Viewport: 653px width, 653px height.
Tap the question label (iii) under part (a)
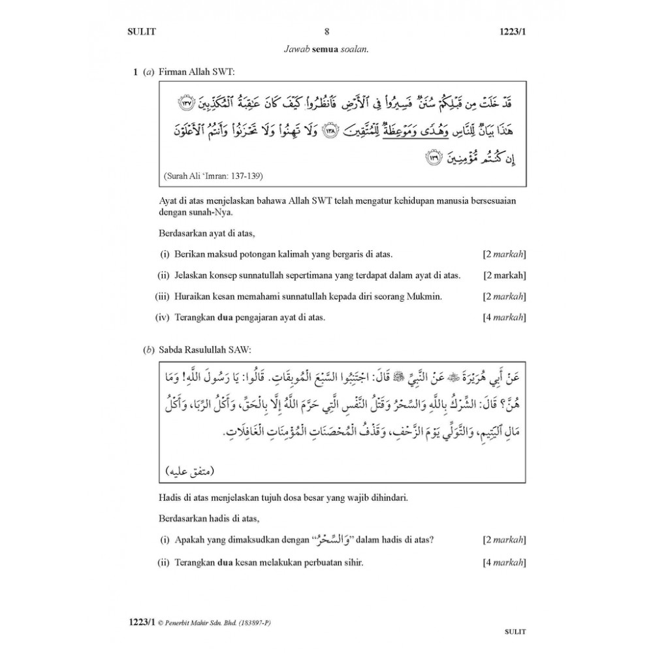[163, 296]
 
